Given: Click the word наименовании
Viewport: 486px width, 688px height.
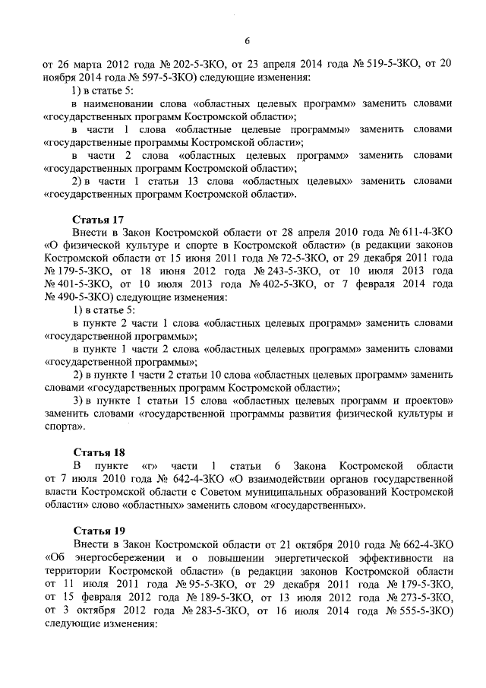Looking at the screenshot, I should (118, 103).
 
